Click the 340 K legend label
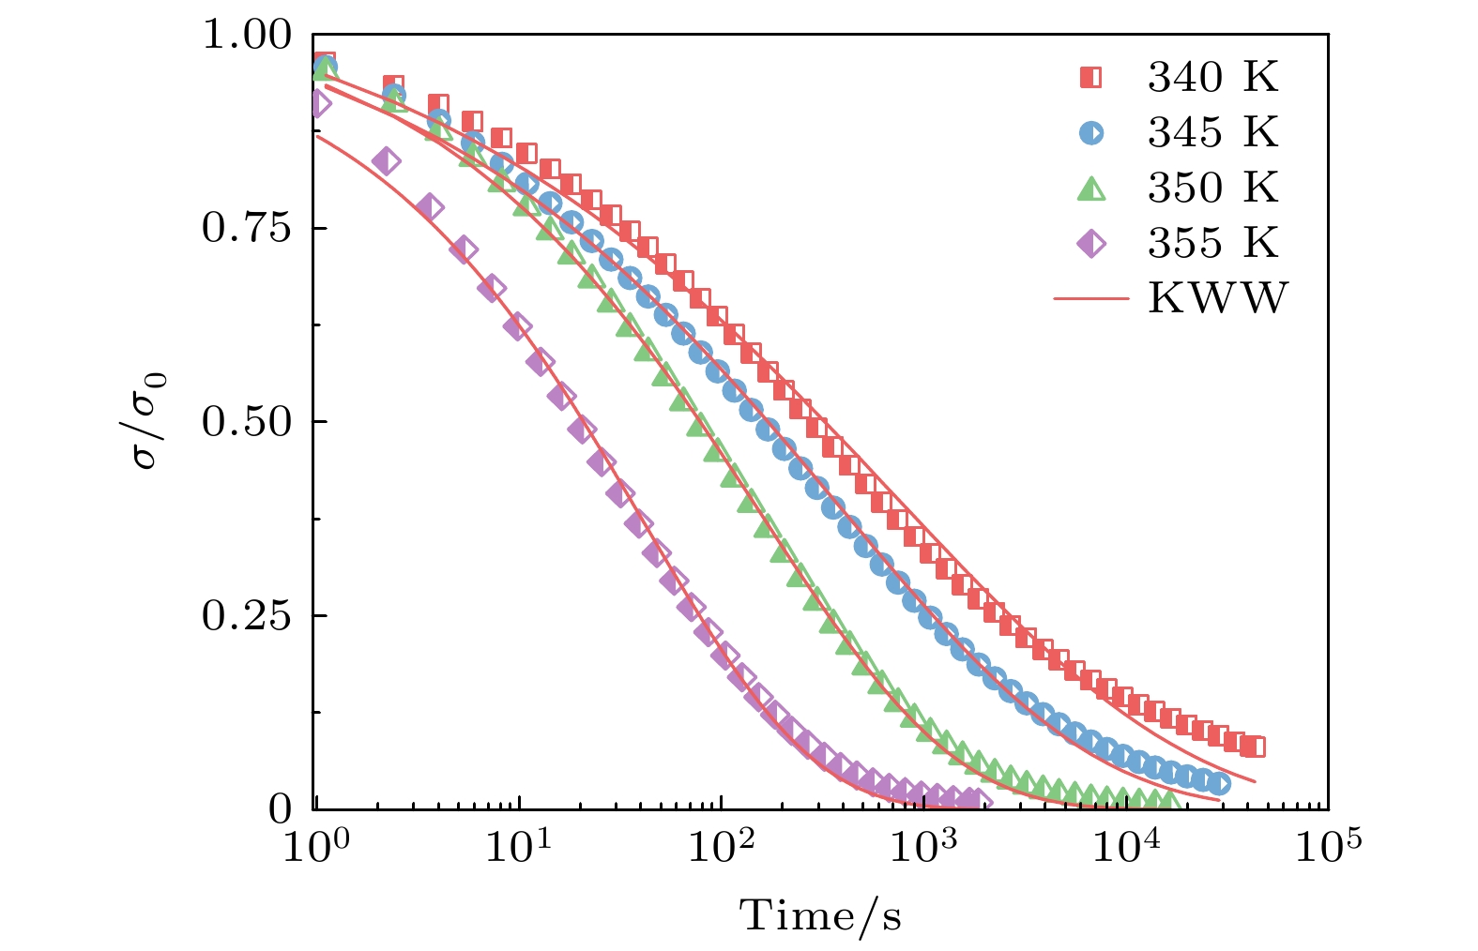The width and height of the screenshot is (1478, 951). click(1212, 78)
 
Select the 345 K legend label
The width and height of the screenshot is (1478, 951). click(1212, 133)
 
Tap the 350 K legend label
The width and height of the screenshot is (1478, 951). click(1212, 189)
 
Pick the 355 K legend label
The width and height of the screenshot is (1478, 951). click(1212, 244)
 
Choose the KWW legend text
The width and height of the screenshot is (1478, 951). click(1218, 299)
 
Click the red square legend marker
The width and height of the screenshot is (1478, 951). click(1091, 78)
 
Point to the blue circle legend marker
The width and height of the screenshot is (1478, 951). click(1091, 133)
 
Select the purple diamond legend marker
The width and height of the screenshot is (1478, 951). click(1091, 244)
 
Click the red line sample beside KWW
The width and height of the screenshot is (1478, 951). click(1091, 299)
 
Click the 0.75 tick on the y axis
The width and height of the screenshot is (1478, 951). click(248, 229)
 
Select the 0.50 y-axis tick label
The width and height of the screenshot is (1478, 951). click(248, 422)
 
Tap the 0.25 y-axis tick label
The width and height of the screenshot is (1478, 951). click(248, 615)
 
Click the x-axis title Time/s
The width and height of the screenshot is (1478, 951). click(821, 915)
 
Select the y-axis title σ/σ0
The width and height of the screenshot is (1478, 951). click(150, 422)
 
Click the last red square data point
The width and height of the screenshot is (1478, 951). click(1255, 747)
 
